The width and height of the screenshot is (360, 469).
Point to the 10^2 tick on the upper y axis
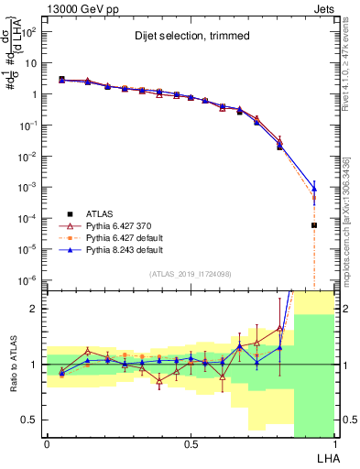click(29, 31)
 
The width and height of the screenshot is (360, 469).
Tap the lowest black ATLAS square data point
click(313, 225)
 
